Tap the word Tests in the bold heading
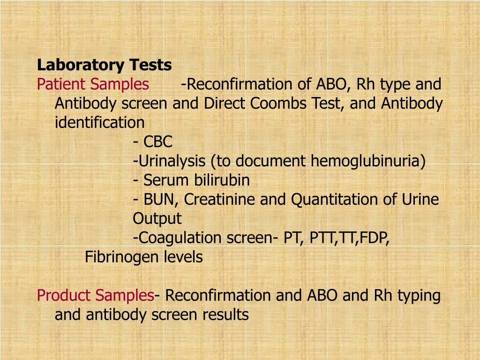click(150, 65)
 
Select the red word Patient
click(61, 84)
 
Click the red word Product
click(64, 295)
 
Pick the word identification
click(99, 122)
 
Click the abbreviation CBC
click(157, 142)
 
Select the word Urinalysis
click(172, 161)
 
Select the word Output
click(157, 218)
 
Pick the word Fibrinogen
click(121, 257)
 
